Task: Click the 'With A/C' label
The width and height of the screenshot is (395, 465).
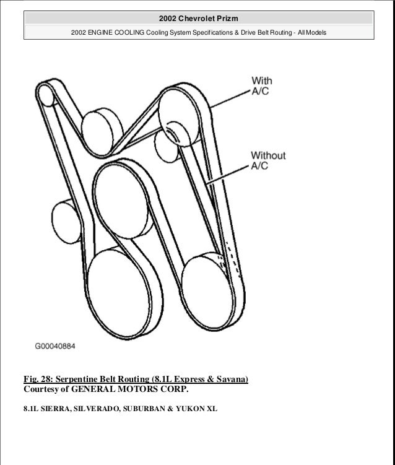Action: (261, 86)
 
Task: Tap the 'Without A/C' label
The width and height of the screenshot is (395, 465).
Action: (268, 160)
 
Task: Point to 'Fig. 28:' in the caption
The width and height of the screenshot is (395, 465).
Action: (37, 378)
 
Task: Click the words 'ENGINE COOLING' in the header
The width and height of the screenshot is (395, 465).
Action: (121, 32)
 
